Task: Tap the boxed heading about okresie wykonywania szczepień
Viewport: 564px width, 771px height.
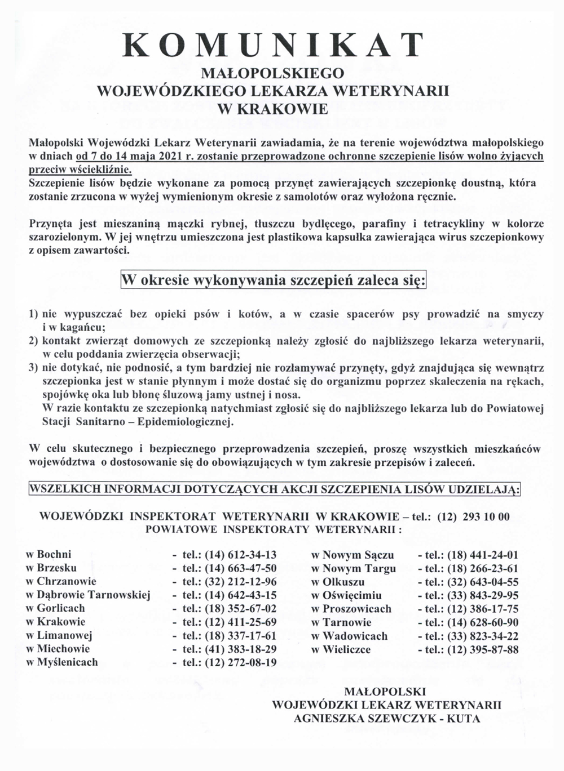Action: click(x=274, y=280)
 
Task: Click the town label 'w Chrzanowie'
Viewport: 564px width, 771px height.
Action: click(x=61, y=581)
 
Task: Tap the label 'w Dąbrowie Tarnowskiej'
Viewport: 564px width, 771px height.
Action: click(x=88, y=595)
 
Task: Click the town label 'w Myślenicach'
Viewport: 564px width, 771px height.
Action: click(x=62, y=662)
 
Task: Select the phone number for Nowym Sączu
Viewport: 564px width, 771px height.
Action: click(x=482, y=555)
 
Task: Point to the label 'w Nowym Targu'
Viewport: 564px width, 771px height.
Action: click(x=354, y=568)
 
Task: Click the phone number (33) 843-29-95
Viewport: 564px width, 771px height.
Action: click(x=482, y=595)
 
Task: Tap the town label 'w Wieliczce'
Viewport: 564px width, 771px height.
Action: click(x=341, y=649)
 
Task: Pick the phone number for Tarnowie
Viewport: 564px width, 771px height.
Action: click(x=482, y=622)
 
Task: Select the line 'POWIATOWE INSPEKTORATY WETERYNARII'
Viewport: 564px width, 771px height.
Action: click(x=273, y=529)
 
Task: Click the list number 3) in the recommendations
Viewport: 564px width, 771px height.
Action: click(x=33, y=368)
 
